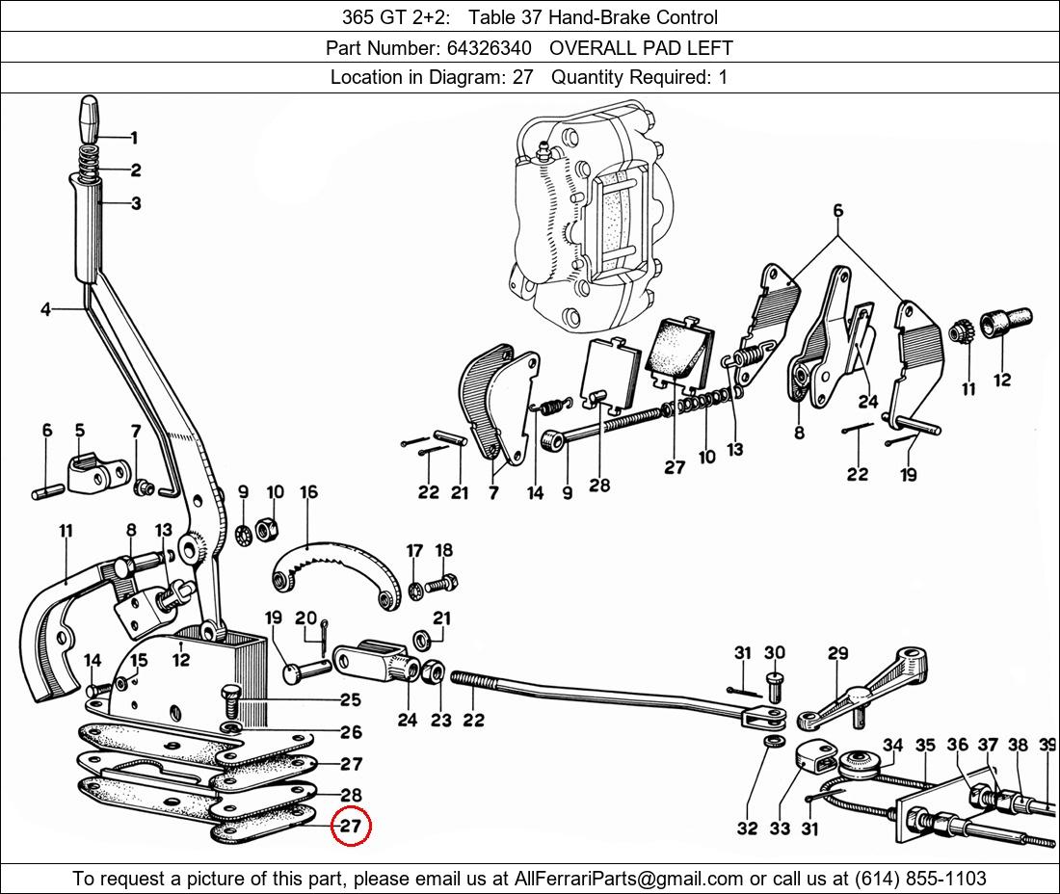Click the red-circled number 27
349,827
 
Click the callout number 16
308,492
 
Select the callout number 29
837,653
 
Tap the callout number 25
350,699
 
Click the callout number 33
779,828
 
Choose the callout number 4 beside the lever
45,309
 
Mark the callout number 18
443,551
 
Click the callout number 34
892,745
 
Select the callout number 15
139,660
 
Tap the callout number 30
775,653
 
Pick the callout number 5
79,430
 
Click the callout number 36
957,745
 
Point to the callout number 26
351,733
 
